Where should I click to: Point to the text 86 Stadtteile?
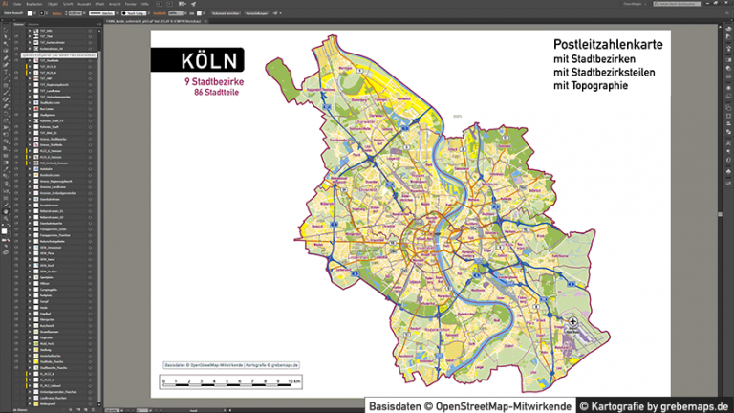coord(218,93)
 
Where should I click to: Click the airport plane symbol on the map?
coord(572,323)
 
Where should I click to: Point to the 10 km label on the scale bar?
coord(296,383)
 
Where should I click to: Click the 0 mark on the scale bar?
coord(163,383)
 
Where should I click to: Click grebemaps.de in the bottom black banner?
coord(691,405)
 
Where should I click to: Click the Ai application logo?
coord(6,4)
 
